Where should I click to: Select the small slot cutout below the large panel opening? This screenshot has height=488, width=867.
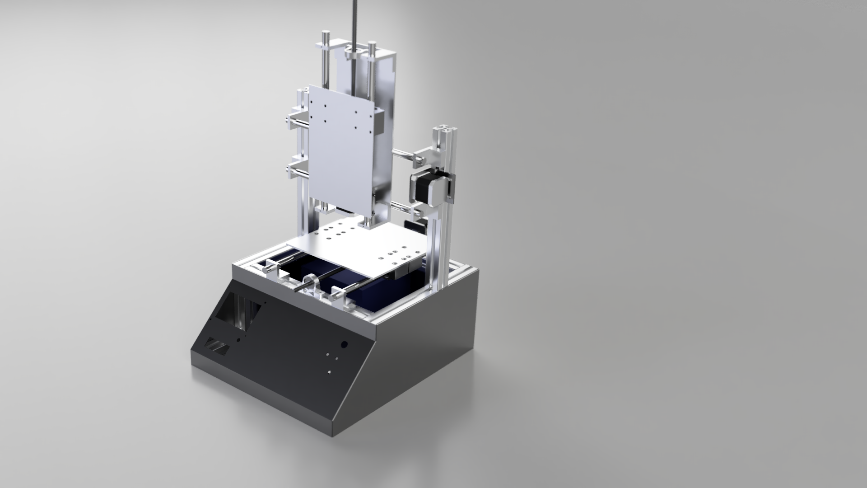point(218,346)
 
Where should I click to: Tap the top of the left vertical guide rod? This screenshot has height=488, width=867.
point(325,35)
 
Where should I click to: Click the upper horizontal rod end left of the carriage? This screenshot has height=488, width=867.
point(289,119)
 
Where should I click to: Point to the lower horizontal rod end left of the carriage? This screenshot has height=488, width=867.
point(289,168)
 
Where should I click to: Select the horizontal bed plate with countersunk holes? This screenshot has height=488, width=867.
point(361,247)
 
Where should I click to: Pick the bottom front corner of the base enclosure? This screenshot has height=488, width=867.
point(334,436)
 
